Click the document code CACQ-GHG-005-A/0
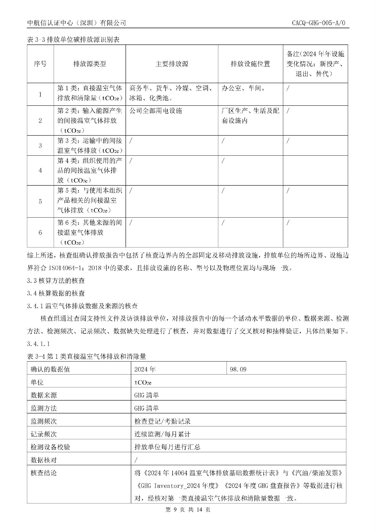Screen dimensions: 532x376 [x=318, y=23]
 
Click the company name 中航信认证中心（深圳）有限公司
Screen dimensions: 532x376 [x=77, y=23]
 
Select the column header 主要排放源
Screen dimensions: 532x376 [x=172, y=64]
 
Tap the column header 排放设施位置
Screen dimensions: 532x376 [x=250, y=64]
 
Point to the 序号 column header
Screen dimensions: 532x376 [x=40, y=64]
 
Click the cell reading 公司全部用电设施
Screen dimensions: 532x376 [x=156, y=111]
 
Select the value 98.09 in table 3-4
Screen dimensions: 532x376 [x=238, y=369]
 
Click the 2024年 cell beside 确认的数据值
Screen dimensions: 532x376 [x=145, y=369]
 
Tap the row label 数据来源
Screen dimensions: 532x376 [x=44, y=395]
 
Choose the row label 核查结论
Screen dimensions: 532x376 [x=44, y=473]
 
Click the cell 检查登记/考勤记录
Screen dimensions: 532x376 [x=162, y=421]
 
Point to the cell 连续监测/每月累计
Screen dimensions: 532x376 [x=162, y=434]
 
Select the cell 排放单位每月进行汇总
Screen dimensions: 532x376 [x=167, y=447]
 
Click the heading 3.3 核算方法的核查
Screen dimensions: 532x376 [x=56, y=280]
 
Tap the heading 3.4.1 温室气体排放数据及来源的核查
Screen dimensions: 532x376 [x=82, y=306]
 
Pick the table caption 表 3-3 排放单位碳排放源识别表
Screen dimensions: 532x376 [x=73, y=40]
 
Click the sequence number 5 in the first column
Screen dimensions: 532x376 [x=40, y=201]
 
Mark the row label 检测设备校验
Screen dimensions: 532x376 [x=50, y=447]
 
